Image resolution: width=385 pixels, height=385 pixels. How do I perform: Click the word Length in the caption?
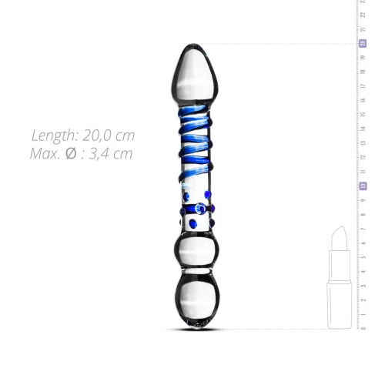click(x=54, y=136)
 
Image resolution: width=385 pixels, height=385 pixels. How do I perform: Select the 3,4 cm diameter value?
click(x=112, y=153)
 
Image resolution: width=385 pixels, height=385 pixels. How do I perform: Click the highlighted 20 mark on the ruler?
click(x=362, y=44)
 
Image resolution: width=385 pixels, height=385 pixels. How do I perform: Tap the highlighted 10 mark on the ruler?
click(x=362, y=186)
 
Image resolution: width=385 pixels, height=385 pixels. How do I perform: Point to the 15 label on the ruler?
click(x=362, y=115)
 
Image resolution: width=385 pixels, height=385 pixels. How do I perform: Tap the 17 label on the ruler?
click(x=362, y=86)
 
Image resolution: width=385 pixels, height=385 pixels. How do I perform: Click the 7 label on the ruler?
click(x=362, y=229)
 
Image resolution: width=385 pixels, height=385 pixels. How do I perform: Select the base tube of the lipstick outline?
click(x=339, y=304)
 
